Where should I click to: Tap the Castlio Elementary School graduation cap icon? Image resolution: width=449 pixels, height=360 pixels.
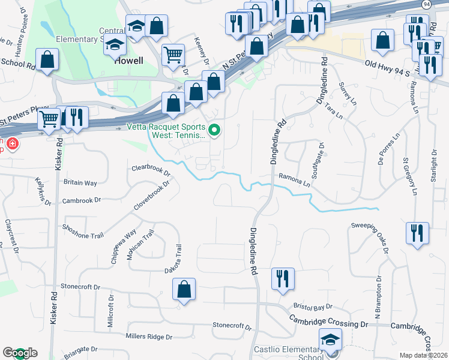pyautogui.click(x=330, y=340)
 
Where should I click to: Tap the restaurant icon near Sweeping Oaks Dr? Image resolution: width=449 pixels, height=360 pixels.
pyautogui.click(x=417, y=232)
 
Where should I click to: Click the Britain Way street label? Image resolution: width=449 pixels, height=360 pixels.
pyautogui.click(x=80, y=182)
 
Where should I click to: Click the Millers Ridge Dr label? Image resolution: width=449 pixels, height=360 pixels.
pyautogui.click(x=149, y=337)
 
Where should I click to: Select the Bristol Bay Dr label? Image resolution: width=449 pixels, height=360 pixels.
pyautogui.click(x=313, y=307)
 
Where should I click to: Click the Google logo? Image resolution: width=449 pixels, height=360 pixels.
pyautogui.click(x=20, y=353)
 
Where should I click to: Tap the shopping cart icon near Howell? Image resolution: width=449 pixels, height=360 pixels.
pyautogui.click(x=173, y=55)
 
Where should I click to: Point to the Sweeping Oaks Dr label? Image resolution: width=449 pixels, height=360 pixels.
pyautogui.click(x=371, y=234)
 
